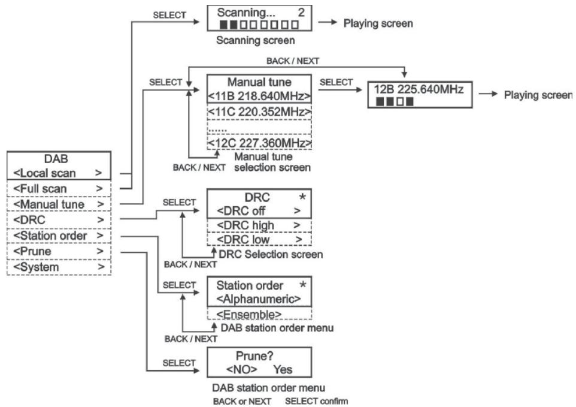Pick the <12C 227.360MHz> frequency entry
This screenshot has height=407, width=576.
pyautogui.click(x=260, y=143)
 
